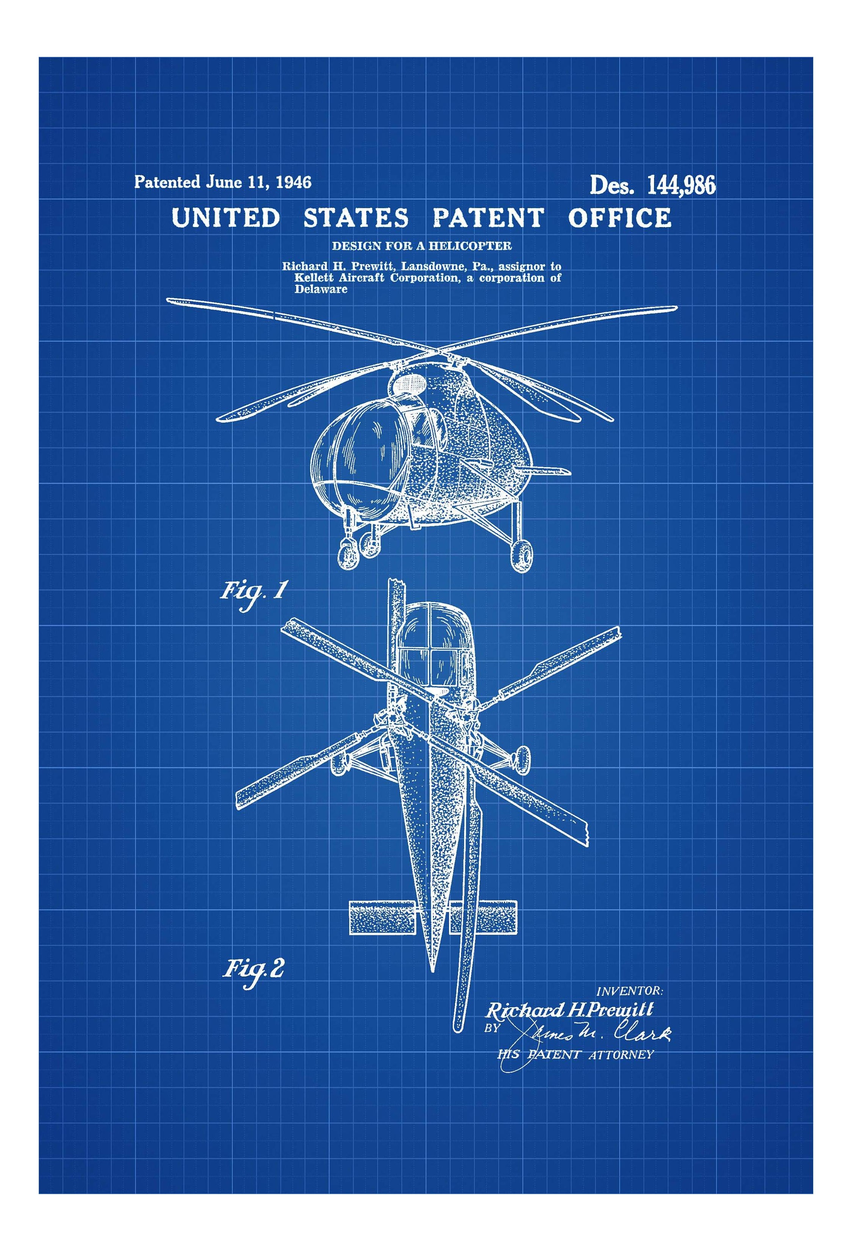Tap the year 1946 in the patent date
click(293, 182)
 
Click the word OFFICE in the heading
click(619, 218)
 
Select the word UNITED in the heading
click(226, 218)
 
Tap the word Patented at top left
click(167, 182)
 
